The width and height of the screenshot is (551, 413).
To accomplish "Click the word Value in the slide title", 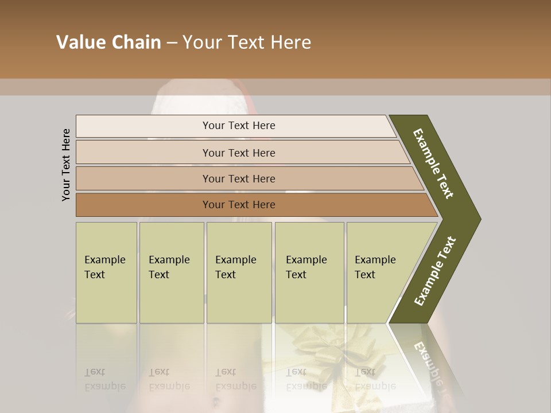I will click(80, 42).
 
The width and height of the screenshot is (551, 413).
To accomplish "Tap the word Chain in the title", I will click(134, 42).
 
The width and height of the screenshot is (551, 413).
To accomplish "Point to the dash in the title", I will click(172, 43).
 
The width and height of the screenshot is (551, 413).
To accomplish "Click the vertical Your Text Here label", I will click(66, 165).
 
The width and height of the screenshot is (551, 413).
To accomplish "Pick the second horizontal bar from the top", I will click(239, 153).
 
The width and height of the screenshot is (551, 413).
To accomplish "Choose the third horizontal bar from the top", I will click(239, 178).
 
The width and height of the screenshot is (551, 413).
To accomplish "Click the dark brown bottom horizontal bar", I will click(239, 205).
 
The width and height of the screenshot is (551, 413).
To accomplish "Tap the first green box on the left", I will click(106, 272).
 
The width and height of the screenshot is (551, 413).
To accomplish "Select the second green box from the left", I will click(171, 272).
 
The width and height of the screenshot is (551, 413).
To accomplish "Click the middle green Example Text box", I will click(239, 272).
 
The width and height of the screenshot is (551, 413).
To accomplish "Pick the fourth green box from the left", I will click(309, 272).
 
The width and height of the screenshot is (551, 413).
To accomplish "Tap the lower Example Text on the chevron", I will click(434, 271).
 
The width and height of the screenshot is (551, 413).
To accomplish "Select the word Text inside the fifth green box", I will click(365, 275).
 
